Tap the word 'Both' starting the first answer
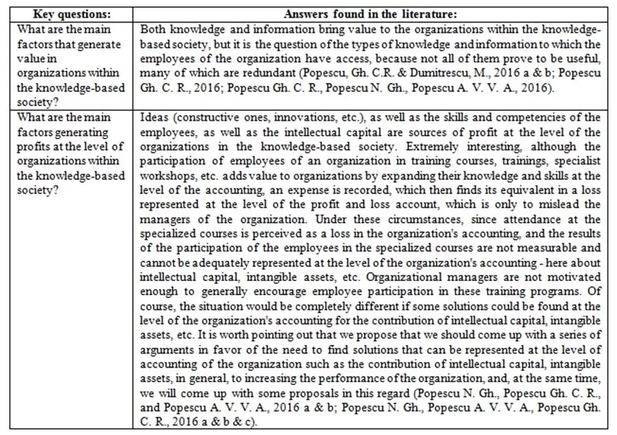[153, 30]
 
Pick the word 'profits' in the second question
[33, 146]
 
